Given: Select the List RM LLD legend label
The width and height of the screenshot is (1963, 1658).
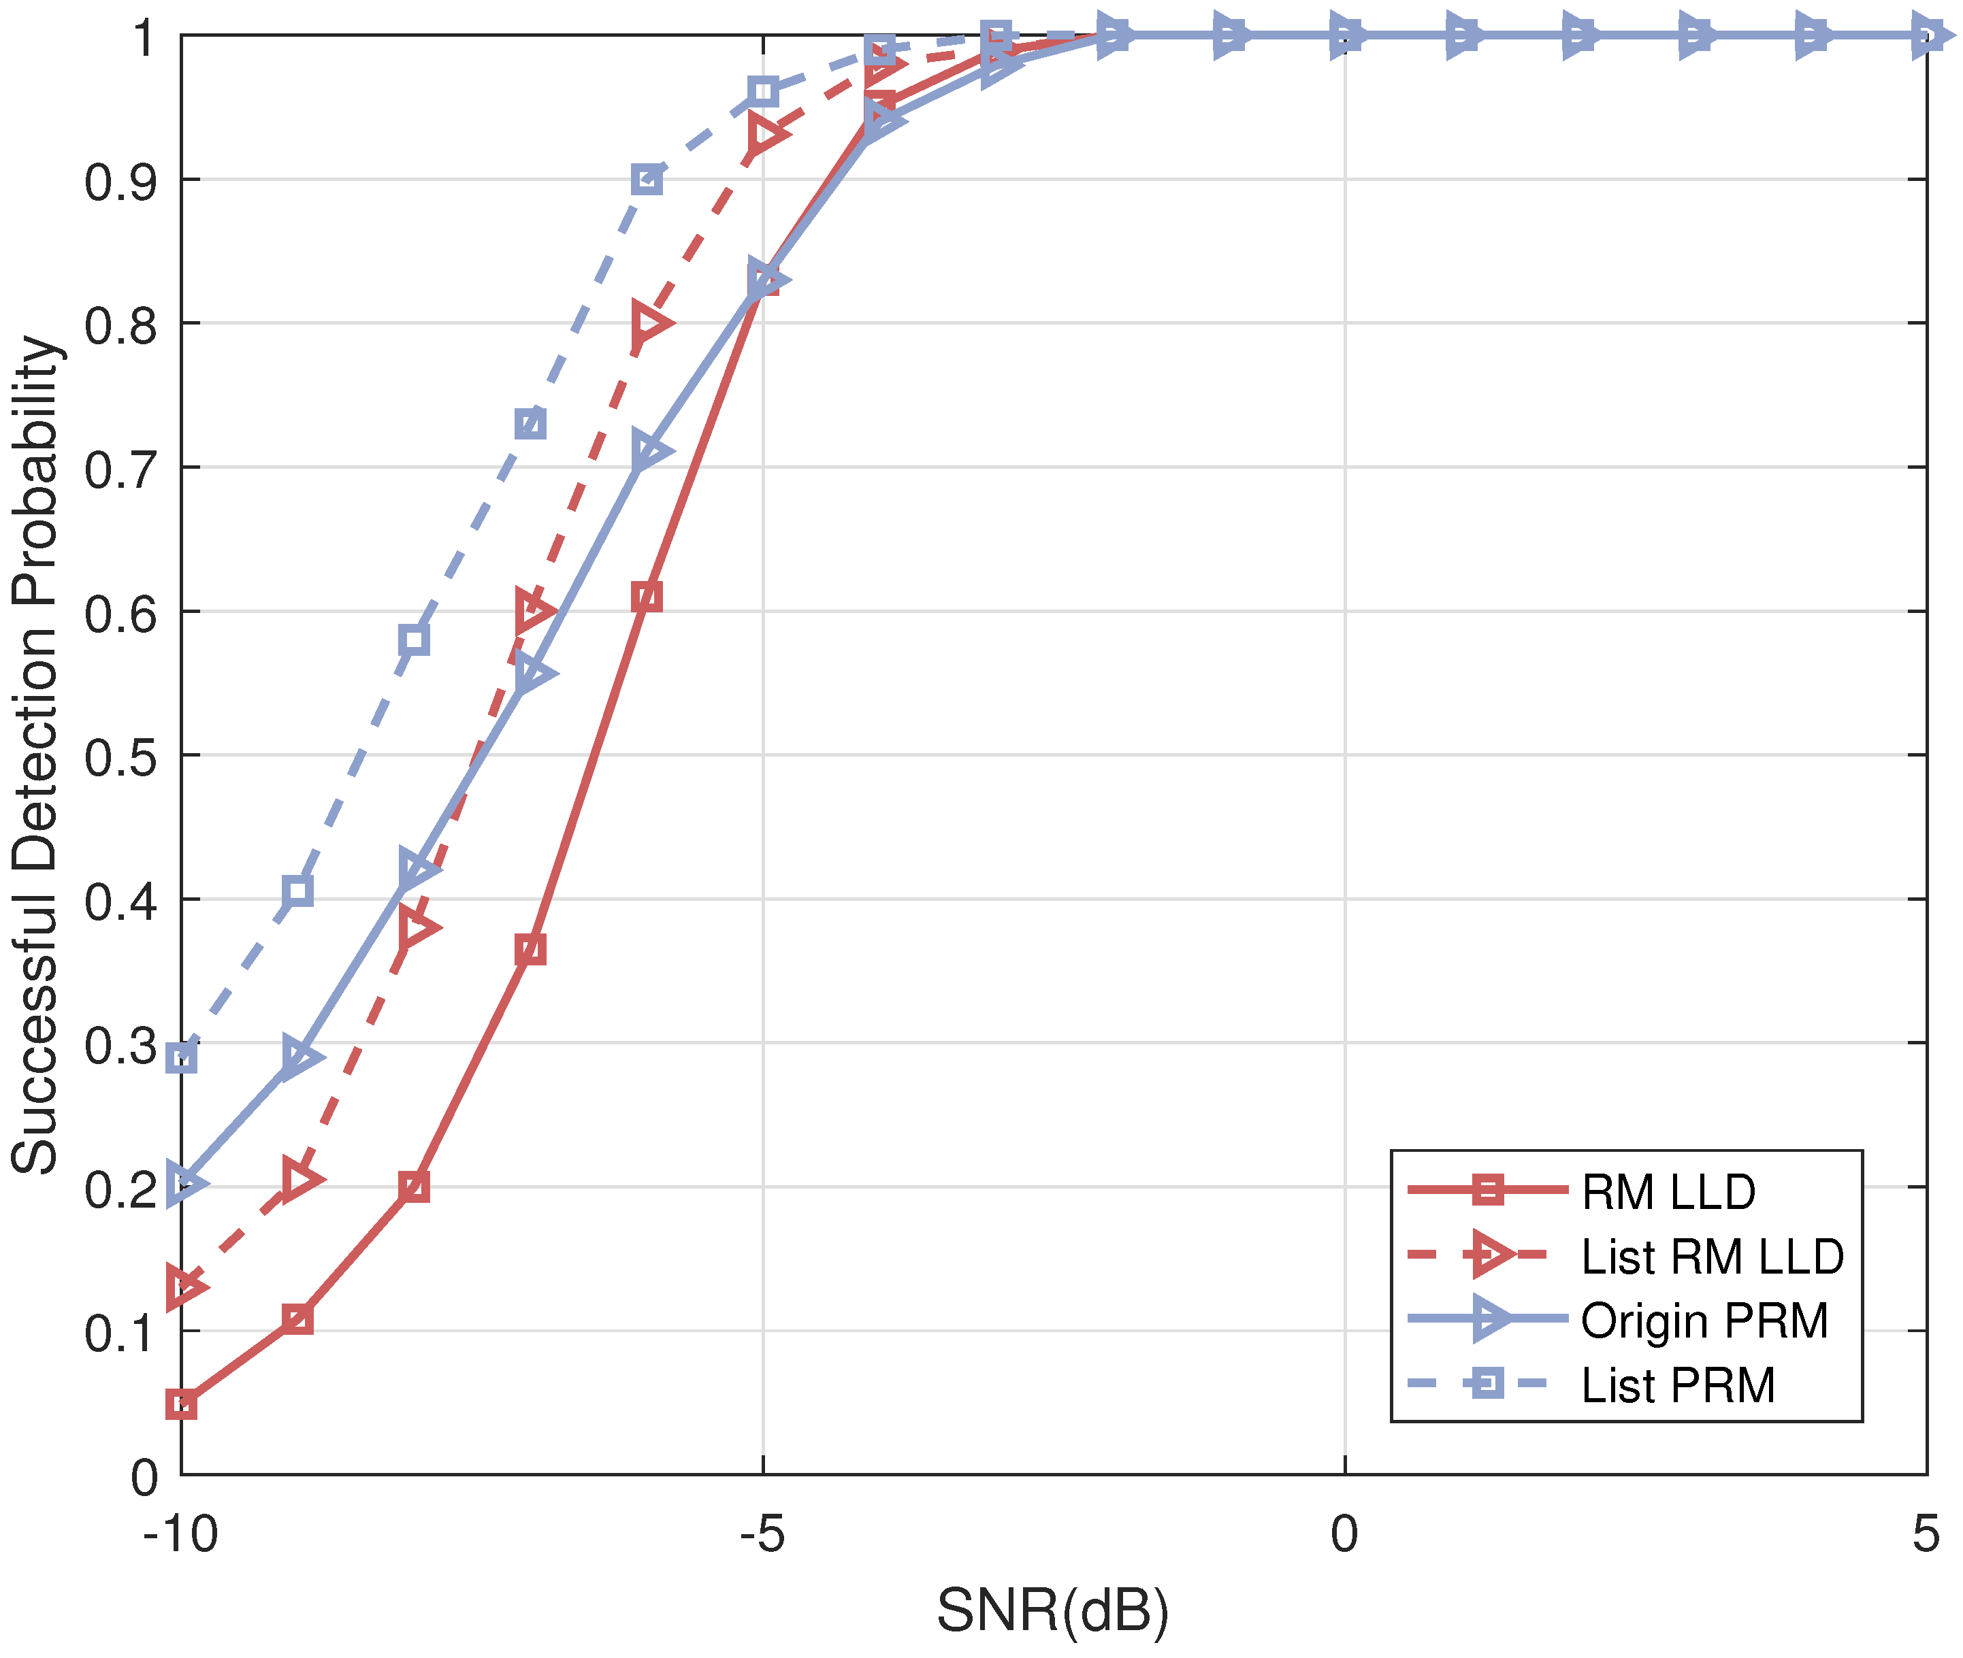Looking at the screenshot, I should [x=1712, y=1257].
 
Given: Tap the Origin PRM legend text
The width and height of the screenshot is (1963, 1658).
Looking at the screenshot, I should [x=1704, y=1321].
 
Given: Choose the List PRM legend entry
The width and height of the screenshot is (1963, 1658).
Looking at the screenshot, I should [x=1677, y=1385].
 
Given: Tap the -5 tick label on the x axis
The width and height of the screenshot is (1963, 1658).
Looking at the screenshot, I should [x=762, y=1534].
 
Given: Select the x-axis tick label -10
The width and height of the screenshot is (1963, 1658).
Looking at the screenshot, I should [x=180, y=1534].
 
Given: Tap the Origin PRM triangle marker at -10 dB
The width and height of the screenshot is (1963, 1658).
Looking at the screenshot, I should [x=183, y=1183].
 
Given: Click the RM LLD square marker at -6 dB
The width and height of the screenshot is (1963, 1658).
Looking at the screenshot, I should [x=647, y=597].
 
